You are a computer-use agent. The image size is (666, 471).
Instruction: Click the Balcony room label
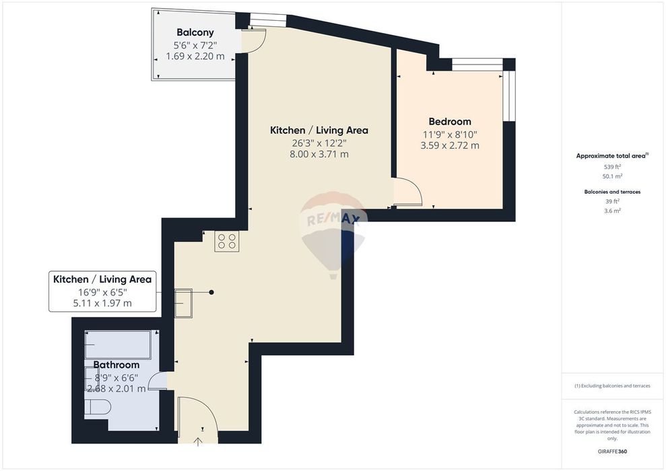(x=195, y=32)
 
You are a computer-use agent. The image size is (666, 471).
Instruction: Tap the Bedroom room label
(x=450, y=122)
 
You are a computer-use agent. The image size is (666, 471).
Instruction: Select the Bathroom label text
(x=116, y=365)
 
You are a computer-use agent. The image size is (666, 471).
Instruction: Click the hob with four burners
(x=227, y=242)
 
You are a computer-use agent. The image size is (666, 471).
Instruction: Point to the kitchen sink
(x=183, y=303)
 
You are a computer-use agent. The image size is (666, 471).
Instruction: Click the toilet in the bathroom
(x=98, y=407)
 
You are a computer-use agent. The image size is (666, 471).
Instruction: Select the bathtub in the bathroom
(x=118, y=345)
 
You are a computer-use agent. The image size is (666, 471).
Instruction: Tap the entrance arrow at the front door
(x=198, y=441)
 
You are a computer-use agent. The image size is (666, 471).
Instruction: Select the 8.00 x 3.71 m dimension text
(x=319, y=154)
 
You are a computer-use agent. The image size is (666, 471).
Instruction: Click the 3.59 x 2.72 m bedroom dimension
(x=450, y=145)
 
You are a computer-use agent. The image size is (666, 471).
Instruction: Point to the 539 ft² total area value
(x=612, y=167)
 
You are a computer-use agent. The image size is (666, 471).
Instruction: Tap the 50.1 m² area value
(x=612, y=176)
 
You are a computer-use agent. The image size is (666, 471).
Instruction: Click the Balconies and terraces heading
(x=612, y=192)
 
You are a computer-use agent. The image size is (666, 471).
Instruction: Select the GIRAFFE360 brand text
(x=612, y=451)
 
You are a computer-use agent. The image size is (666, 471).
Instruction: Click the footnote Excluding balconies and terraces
(x=612, y=386)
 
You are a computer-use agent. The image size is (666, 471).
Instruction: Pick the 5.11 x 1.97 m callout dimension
(x=102, y=303)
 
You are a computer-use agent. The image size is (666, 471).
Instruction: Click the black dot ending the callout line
(x=211, y=293)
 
